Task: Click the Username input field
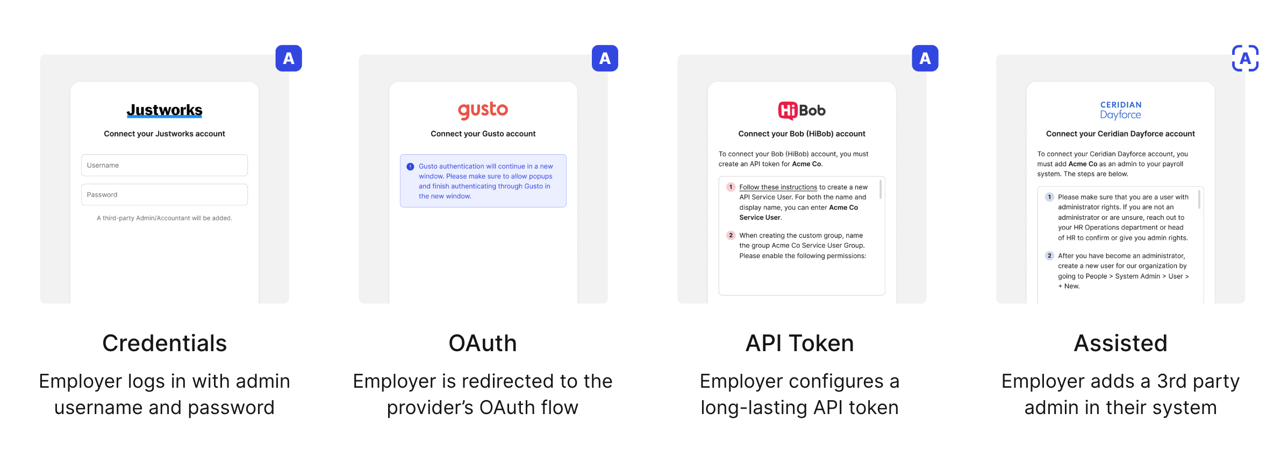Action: [x=164, y=165]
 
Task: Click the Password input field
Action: [x=164, y=195]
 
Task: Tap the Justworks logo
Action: [x=164, y=110]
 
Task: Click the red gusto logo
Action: [x=483, y=110]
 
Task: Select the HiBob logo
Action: [x=802, y=110]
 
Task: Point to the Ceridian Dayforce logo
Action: [x=1120, y=110]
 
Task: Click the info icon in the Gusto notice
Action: [x=410, y=167]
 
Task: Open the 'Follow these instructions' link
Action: [x=778, y=187]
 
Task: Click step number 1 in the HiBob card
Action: [x=731, y=187]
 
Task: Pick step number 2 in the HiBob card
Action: [x=731, y=235]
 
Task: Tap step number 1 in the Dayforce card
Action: [x=1049, y=197]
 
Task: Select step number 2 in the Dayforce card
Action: [x=1049, y=255]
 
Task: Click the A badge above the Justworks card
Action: [x=289, y=58]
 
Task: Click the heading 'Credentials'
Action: [x=164, y=343]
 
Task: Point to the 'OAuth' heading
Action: [x=483, y=343]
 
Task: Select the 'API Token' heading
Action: [x=800, y=343]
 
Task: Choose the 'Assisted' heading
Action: [x=1120, y=343]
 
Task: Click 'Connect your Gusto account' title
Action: [x=483, y=133]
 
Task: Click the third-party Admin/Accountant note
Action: [x=164, y=218]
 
